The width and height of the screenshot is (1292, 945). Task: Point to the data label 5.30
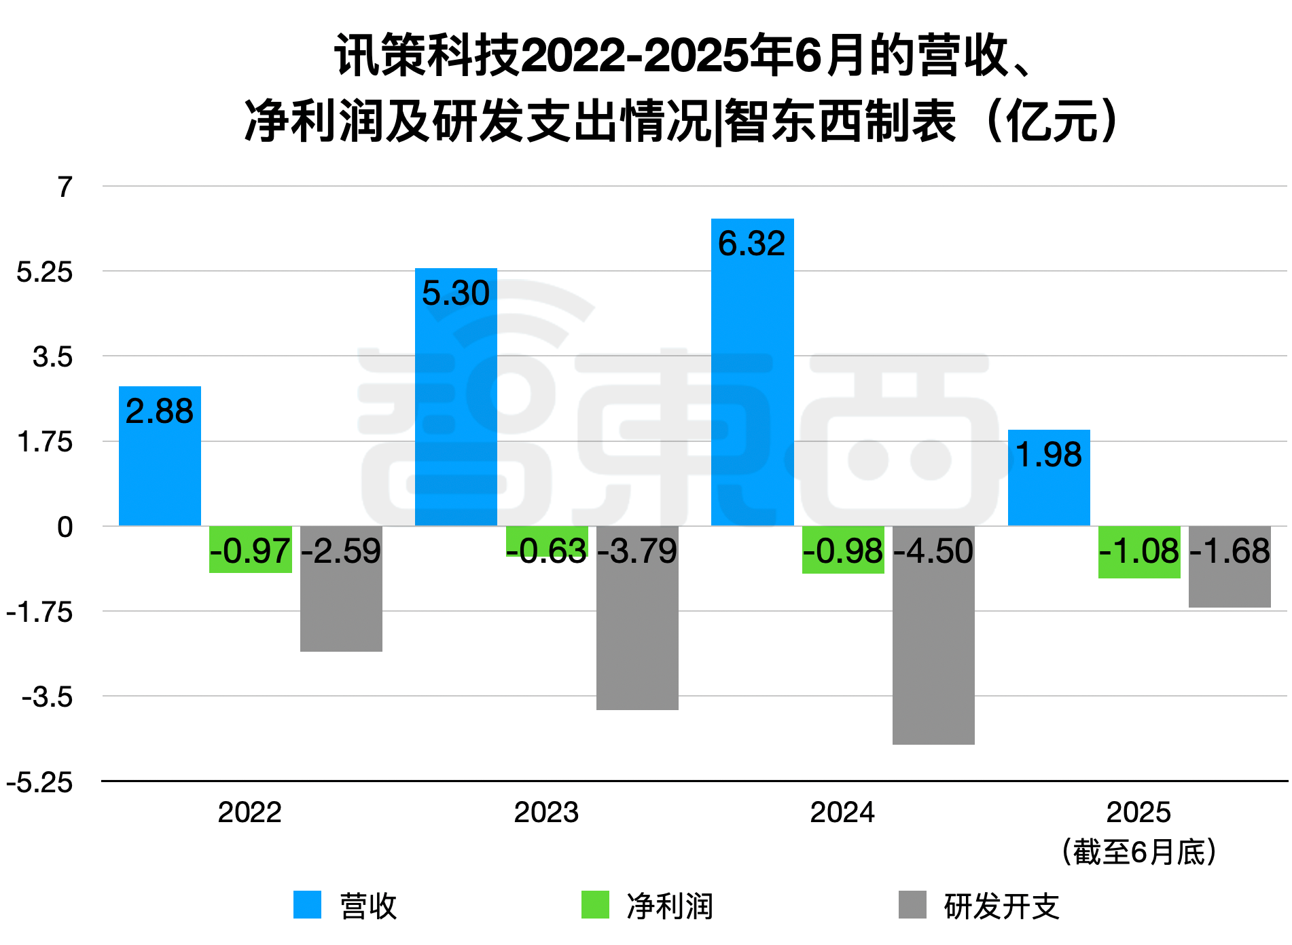[x=455, y=293]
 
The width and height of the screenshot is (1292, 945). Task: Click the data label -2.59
[x=341, y=551]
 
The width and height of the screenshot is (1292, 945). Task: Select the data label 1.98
[x=1049, y=455]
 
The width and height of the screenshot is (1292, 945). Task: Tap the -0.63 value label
[x=547, y=551]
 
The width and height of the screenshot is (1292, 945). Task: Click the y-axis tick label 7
[x=65, y=187]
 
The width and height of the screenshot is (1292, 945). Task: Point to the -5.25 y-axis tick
[x=39, y=783]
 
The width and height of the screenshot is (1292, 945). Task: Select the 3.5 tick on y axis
[x=53, y=357]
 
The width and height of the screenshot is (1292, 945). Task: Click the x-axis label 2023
[x=546, y=813]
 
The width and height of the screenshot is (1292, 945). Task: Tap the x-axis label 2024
[x=842, y=813]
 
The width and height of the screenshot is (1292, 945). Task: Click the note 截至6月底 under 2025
[x=1139, y=852]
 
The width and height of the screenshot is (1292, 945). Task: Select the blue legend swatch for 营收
[x=307, y=905]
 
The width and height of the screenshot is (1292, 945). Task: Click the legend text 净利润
[x=670, y=906]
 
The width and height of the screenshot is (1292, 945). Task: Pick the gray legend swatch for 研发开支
[x=912, y=905]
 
